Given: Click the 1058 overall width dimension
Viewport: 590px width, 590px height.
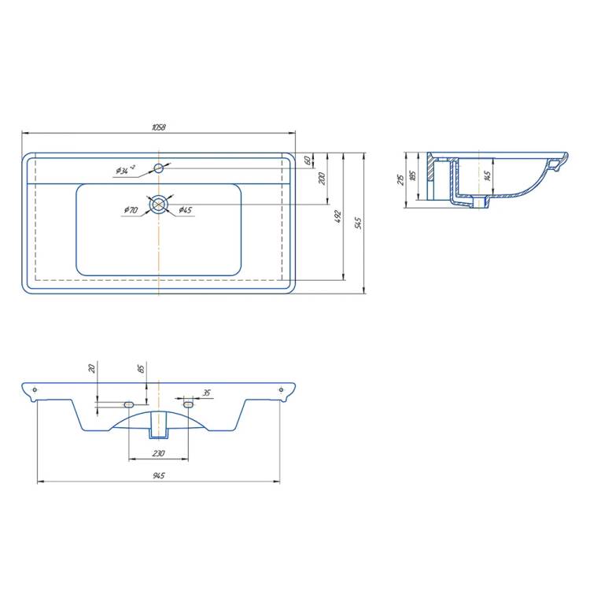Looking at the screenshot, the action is click(158, 127).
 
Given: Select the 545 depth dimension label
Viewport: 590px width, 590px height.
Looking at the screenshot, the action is click(358, 223).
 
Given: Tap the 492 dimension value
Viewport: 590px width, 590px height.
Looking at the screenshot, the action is click(337, 217).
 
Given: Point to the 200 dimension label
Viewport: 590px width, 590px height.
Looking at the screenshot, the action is click(322, 179).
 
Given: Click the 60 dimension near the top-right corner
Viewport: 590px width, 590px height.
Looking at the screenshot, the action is click(308, 160).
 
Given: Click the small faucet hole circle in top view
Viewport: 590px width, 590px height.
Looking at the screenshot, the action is click(159, 168).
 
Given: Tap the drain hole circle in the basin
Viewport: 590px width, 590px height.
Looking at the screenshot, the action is click(159, 205).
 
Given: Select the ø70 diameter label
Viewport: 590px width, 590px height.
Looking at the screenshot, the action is click(131, 210).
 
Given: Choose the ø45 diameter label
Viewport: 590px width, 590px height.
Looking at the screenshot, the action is click(185, 210).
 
